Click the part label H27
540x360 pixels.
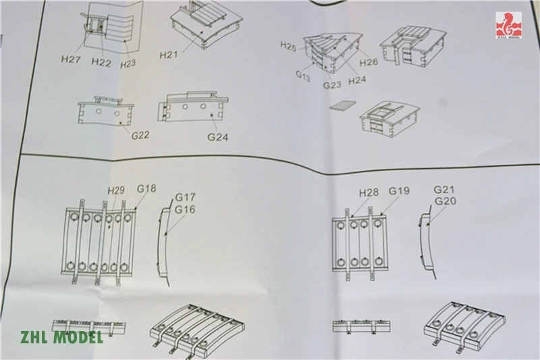[x=70, y=59]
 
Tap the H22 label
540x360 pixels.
[x=101, y=62]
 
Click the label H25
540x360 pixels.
[x=288, y=45]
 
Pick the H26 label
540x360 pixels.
[x=369, y=63]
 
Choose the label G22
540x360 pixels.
[x=140, y=136]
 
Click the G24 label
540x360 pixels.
[x=219, y=138]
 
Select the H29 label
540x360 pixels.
[x=116, y=191]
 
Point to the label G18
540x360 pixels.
[x=146, y=188]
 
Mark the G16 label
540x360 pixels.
[x=185, y=209]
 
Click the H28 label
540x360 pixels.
[x=369, y=192]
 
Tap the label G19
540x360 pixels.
[x=399, y=191]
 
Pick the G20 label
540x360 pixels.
[x=446, y=201]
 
